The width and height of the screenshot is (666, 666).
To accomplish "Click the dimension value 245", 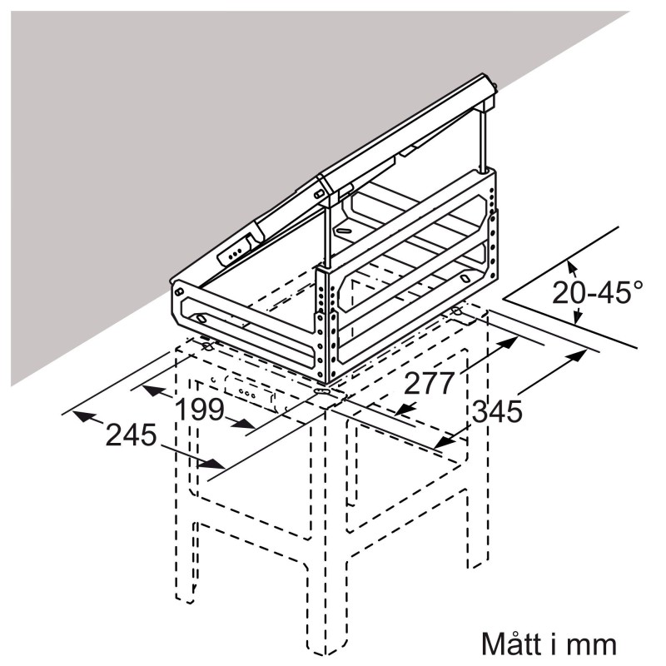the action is click(x=132, y=435).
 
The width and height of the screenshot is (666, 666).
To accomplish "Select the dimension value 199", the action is click(x=199, y=410).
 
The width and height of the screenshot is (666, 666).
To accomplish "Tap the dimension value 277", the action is click(x=429, y=383).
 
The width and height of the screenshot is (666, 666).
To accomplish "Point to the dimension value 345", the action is click(x=497, y=411).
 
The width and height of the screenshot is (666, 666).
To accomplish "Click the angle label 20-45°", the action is click(x=597, y=292).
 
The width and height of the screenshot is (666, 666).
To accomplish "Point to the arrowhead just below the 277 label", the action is click(x=405, y=410).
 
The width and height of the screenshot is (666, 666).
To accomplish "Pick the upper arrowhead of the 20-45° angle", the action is click(x=573, y=268).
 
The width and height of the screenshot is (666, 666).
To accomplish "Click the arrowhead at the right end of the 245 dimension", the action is click(x=211, y=464).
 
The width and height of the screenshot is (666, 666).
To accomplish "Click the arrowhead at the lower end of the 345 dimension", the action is click(x=445, y=442).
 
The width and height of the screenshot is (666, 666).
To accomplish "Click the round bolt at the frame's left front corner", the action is click(x=178, y=291).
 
